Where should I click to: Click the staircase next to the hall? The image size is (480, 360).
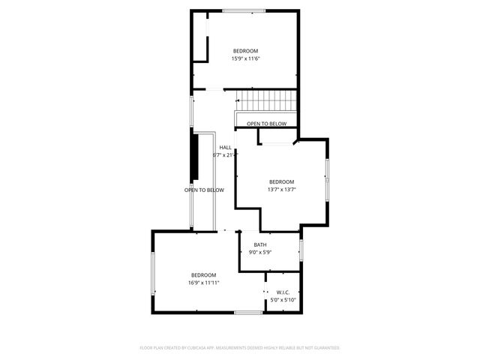coord(267,100)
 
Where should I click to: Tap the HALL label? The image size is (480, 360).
coord(225,147)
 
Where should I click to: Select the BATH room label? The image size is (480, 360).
coord(259,244)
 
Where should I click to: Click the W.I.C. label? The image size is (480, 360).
coord(283,292)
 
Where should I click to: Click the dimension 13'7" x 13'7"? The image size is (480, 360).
coord(282,189)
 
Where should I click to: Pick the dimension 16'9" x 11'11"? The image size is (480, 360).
coord(203,283)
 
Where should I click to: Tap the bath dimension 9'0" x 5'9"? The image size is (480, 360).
coord(259,252)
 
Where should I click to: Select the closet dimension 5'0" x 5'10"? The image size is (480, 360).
coord(283,300)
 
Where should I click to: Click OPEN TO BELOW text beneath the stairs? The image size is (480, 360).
coord(266,124)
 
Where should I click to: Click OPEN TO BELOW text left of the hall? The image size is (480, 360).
coord(204,190)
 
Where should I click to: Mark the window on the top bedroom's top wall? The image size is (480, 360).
coord(243,10)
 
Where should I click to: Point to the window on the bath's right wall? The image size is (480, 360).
coord(300,250)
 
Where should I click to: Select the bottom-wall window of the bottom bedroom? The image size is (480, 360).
coord(248,312)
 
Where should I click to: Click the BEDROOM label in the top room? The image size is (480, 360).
coord(245,51)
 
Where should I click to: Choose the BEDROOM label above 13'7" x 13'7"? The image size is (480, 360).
coord(282,181)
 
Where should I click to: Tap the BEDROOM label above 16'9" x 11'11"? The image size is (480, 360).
coord(203,274)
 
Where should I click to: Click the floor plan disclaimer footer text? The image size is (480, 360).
coord(240,348)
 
